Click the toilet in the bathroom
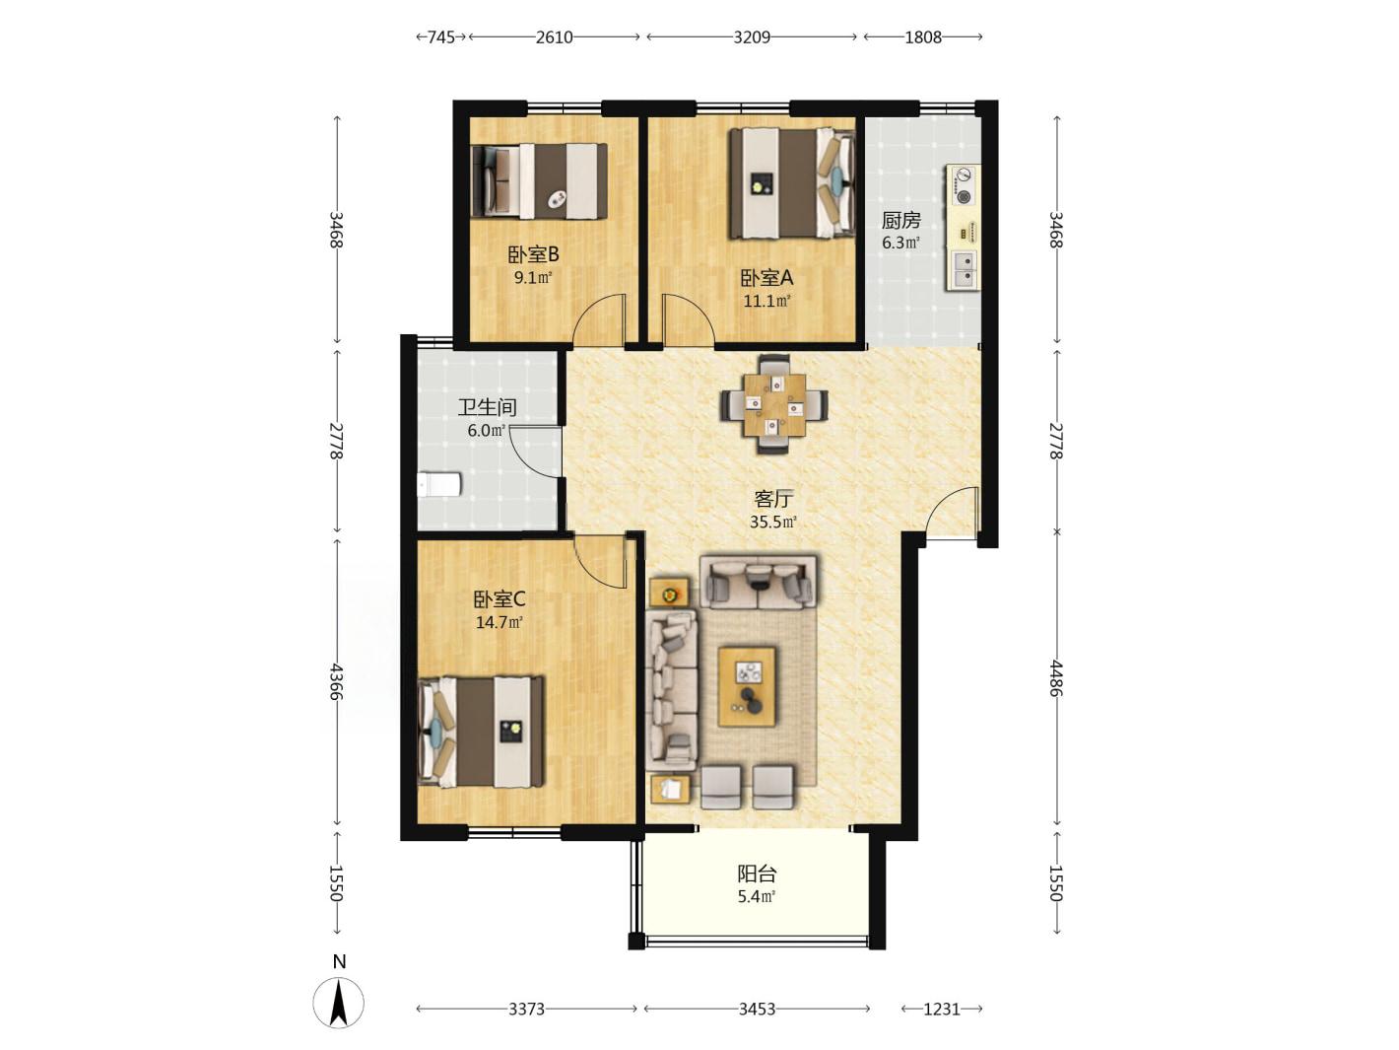tap(438, 484)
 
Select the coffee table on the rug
tap(747, 686)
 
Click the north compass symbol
tap(339, 1001)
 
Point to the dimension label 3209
tap(752, 37)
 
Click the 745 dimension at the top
tap(441, 37)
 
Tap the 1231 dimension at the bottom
tap(942, 1009)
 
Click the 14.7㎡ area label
tap(500, 622)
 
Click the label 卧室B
tap(533, 255)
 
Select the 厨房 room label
tap(901, 221)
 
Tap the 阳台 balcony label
tap(757, 873)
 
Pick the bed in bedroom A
tap(792, 183)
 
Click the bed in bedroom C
tap(482, 732)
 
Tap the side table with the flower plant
tap(669, 594)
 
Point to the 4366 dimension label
tap(337, 681)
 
